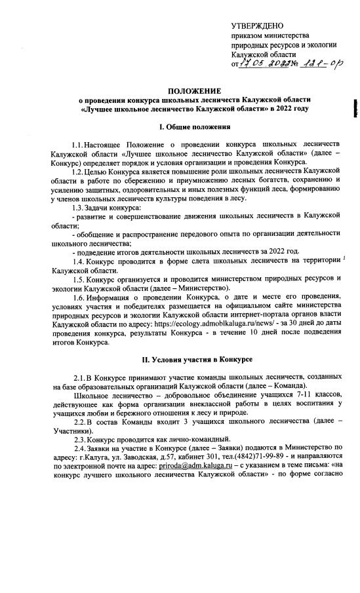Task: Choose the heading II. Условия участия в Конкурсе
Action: [195, 360]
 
